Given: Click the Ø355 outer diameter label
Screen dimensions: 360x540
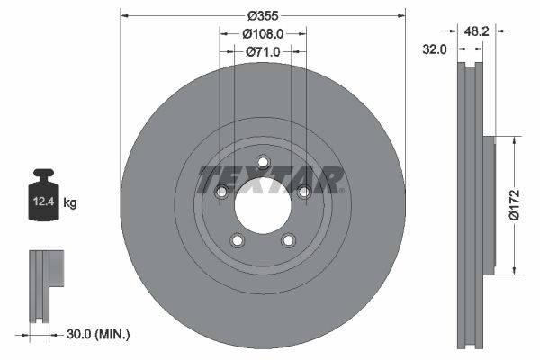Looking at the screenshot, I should (263, 15).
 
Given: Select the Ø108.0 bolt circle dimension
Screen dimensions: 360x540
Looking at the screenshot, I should (263, 33).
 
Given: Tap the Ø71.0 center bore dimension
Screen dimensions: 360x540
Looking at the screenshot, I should (263, 52).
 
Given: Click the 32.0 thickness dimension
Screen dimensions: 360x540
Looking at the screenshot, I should (436, 50).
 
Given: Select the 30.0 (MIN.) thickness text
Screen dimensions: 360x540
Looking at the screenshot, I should (99, 334).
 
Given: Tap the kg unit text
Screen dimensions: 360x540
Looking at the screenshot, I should (70, 204).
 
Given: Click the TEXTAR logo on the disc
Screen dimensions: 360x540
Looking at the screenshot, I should (270, 180).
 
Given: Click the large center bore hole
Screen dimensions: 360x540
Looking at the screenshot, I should (263, 206).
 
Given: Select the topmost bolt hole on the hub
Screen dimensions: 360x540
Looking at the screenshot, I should (263, 162).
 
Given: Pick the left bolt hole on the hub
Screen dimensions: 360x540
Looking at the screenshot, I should (221, 192).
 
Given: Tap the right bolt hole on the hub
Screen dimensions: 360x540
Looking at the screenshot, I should (304, 192).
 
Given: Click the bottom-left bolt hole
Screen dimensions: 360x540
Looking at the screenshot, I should (238, 240).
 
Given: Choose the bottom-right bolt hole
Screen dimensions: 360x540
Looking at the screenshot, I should (289, 240).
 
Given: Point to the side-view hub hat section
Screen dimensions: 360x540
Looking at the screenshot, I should (489, 205).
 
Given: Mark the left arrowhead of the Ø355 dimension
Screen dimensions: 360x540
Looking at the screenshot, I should (124, 15).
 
